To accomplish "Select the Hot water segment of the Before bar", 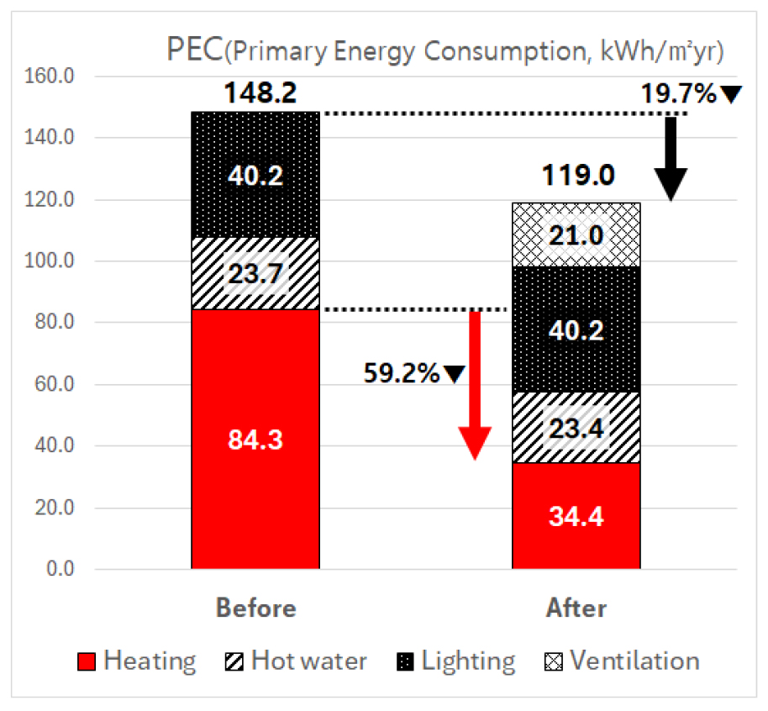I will pos(255,273).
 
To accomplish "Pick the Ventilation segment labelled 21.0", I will pos(576,234).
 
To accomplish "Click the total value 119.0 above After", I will pos(576,177).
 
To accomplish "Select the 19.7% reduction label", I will pos(679,93).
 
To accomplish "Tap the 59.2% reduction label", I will pos(402,373).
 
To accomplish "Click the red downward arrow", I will pos(475,387).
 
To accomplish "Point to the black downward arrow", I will pos(671,160).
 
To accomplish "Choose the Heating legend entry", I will pos(139,661).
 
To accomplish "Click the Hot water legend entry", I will pos(297,661).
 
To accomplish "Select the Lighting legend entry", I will pos(457,661).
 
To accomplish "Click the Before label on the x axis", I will pos(255,608).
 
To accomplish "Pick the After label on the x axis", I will pos(576,608).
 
